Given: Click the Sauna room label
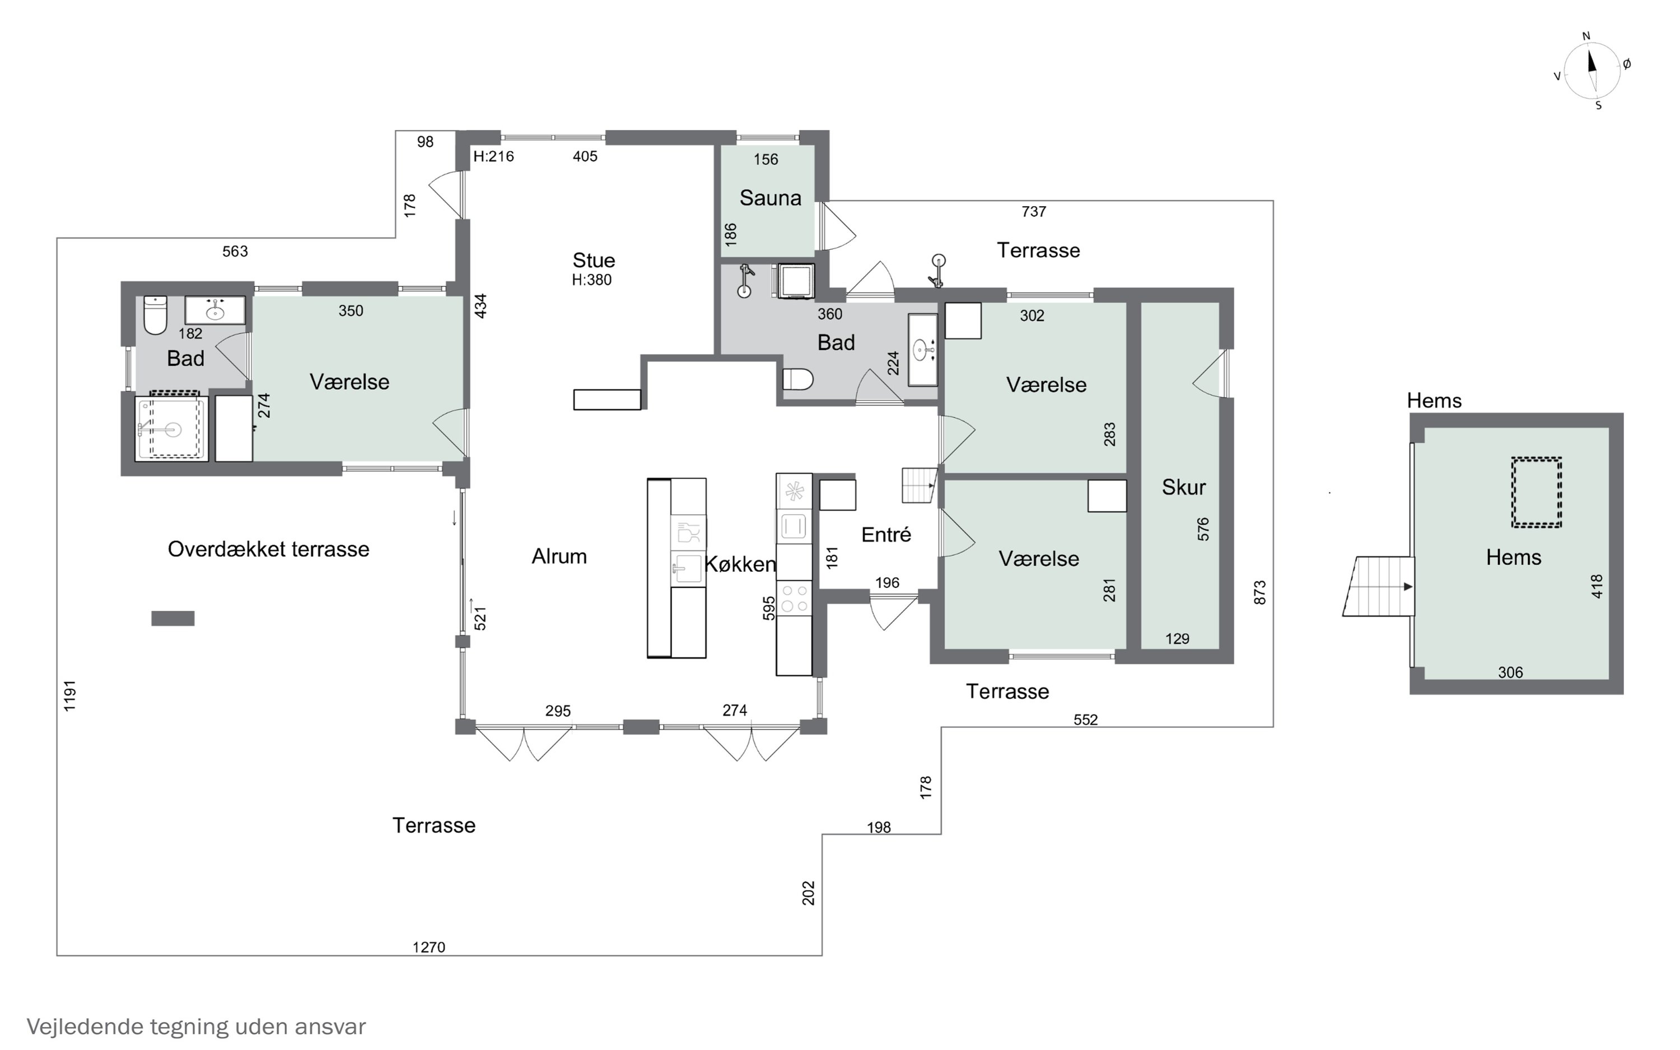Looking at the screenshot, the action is (x=770, y=198).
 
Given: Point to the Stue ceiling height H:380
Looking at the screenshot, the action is (x=591, y=280).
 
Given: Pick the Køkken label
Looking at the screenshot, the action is (x=740, y=564).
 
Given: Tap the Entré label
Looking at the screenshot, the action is (x=886, y=534).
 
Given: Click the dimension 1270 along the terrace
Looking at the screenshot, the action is (x=428, y=947).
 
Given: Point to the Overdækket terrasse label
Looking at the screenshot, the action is (x=268, y=549).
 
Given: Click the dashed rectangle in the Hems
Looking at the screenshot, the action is (x=1537, y=492).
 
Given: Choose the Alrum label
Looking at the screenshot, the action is (x=559, y=556).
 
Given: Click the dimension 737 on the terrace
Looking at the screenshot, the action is (x=1034, y=211).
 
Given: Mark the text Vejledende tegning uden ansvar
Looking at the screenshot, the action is (x=196, y=1026).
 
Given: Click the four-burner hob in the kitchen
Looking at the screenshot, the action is (x=794, y=598).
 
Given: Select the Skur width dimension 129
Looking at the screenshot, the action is (x=1177, y=639).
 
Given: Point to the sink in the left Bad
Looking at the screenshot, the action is (x=215, y=310).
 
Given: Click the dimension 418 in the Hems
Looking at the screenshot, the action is (x=1597, y=586).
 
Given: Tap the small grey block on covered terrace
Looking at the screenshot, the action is (x=173, y=618).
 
